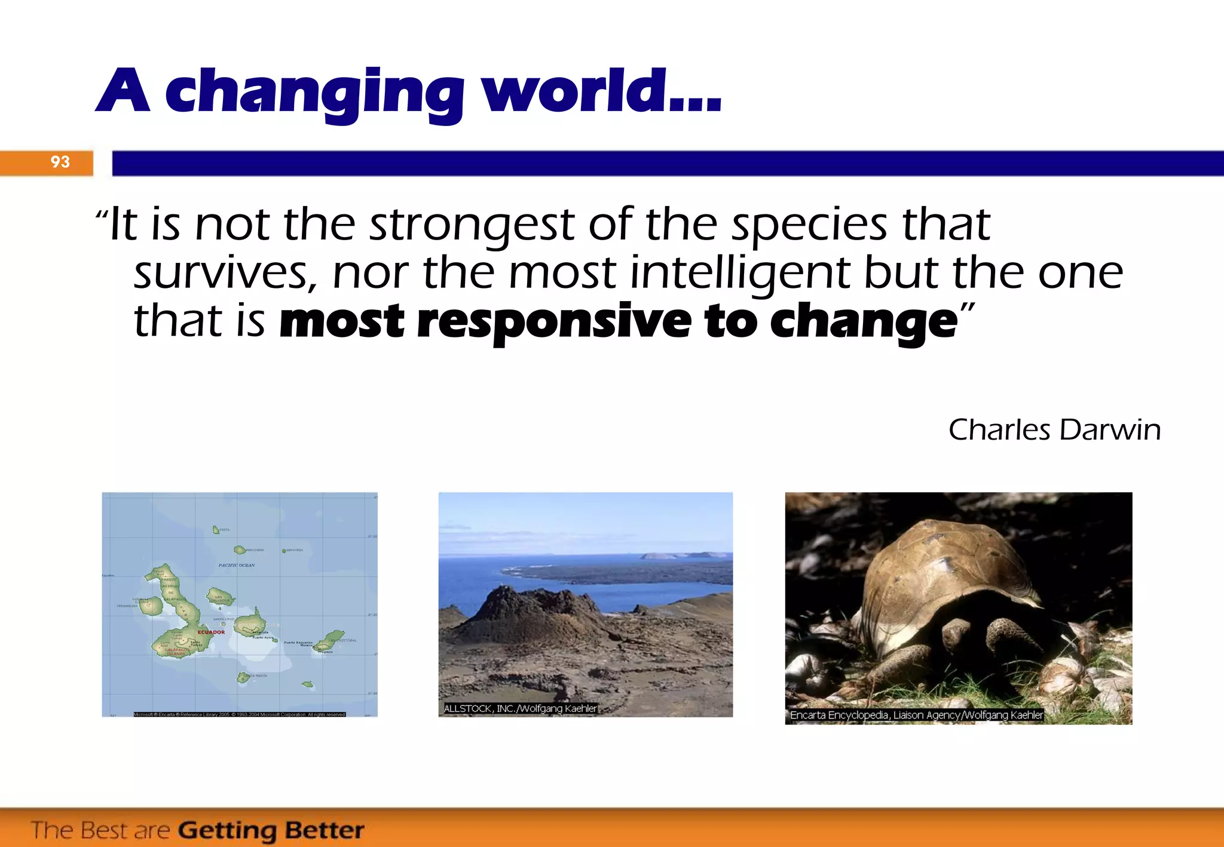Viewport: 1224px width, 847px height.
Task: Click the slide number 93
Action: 60,162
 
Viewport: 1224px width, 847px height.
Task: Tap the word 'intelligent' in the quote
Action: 740,272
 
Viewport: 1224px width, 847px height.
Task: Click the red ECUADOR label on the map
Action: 211,632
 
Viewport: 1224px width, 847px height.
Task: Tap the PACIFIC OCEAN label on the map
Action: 237,565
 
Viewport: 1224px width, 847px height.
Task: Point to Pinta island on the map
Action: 216,530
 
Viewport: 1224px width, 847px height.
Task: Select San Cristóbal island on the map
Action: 333,637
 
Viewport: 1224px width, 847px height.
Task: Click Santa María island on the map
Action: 243,677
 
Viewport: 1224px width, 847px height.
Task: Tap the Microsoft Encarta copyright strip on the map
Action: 239,714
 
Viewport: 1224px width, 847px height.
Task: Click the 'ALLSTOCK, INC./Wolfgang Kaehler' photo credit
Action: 520,708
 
